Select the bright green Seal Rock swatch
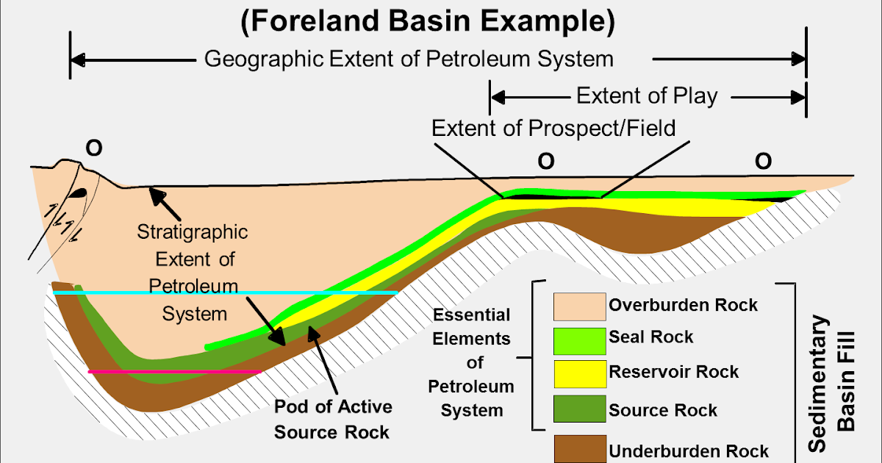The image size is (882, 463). point(579,337)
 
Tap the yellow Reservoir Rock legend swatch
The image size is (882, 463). point(579,372)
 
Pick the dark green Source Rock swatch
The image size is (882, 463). point(579,410)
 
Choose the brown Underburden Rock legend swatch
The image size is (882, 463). point(579,449)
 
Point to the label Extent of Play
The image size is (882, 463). point(646,96)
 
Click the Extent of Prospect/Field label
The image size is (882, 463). point(553,129)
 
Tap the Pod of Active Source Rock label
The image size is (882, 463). point(333,419)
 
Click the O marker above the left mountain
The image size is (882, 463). point(94,148)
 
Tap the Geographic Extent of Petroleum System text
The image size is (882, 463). point(409,59)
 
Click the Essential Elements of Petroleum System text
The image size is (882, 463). point(472,362)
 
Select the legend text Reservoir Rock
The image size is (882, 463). point(673,372)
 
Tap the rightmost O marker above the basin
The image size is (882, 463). point(763,162)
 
